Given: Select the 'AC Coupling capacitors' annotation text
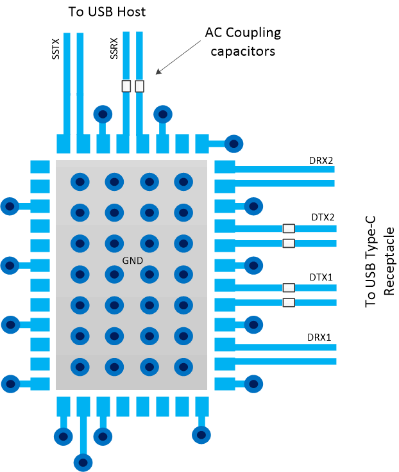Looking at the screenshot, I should (x=242, y=41).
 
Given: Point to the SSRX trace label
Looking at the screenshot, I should (x=114, y=48).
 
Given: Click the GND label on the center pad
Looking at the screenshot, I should (x=132, y=261).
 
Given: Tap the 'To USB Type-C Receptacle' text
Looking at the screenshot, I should (x=379, y=269).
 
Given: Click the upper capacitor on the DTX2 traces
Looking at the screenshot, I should (x=289, y=228).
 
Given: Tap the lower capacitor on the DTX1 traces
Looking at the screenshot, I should (x=289, y=302).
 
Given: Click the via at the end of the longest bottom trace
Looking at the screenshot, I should (x=82, y=460).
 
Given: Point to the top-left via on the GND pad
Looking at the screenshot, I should (x=79, y=181).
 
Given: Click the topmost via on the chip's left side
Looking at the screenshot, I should (x=10, y=206).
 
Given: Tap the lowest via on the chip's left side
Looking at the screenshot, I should (x=10, y=384).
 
